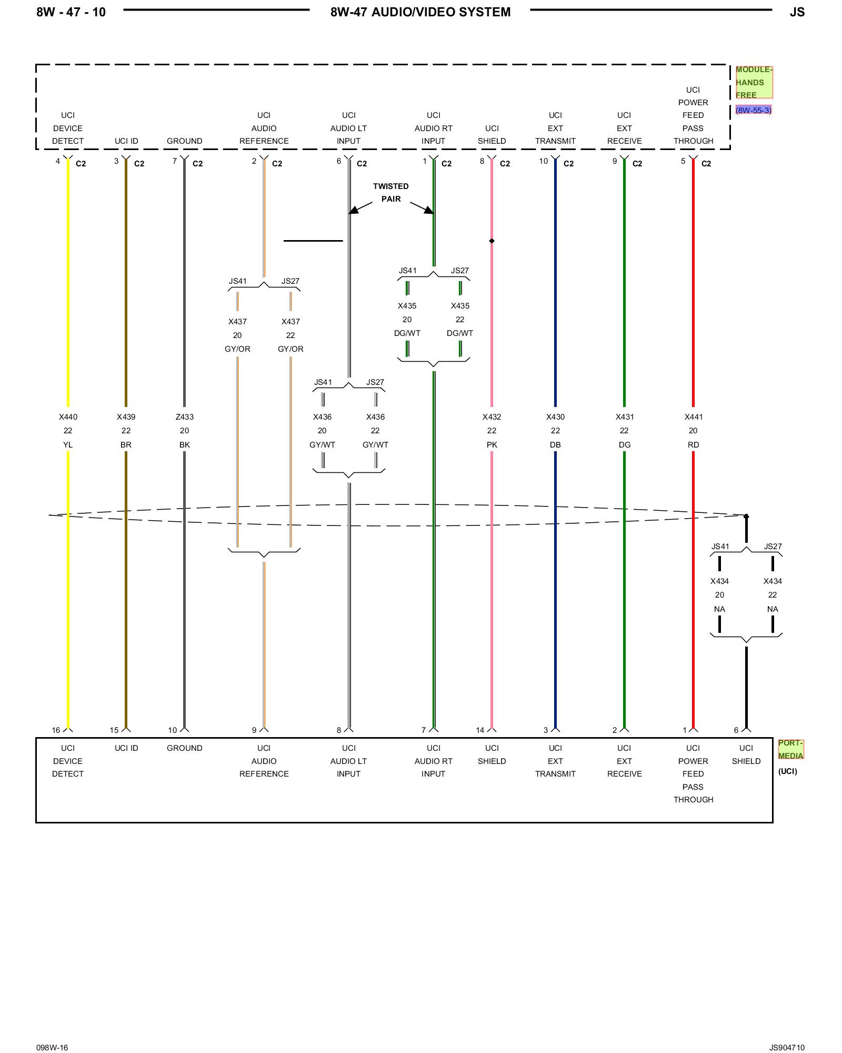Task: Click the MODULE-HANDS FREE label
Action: point(754,82)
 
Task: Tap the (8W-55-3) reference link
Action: point(754,110)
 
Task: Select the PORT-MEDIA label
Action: point(790,749)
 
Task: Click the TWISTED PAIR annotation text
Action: point(390,193)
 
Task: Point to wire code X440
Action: point(68,417)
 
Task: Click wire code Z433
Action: point(184,417)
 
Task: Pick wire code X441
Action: point(693,417)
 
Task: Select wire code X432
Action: point(492,417)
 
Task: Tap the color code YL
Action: point(68,445)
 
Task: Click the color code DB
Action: point(555,445)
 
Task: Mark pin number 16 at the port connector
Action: point(56,730)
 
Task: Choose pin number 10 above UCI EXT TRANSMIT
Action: point(544,161)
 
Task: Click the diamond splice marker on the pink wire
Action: point(492,241)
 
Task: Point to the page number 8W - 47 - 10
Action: point(71,12)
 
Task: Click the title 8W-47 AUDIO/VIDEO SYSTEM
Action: point(420,12)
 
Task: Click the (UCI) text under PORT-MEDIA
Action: point(787,771)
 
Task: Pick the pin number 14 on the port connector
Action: point(480,730)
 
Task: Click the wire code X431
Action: point(624,417)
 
